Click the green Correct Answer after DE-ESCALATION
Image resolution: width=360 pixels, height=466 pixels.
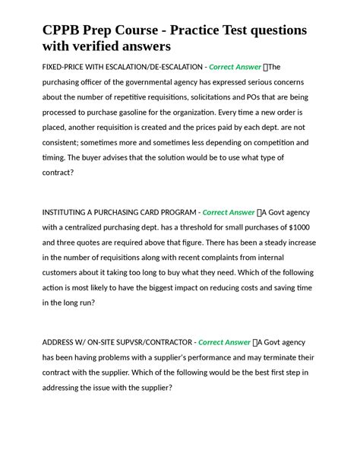(x=235, y=67)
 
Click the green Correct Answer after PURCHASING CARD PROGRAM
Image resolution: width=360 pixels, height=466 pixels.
(x=229, y=212)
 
